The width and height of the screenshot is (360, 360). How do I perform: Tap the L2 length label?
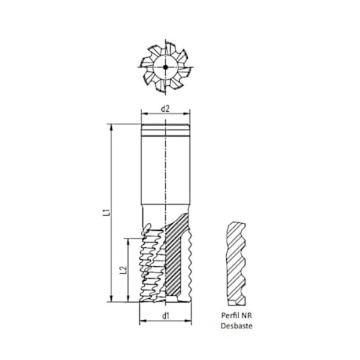[123, 269]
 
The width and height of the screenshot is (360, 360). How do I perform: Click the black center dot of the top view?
[165, 68]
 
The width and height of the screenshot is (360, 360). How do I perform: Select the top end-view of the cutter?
[165, 68]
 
